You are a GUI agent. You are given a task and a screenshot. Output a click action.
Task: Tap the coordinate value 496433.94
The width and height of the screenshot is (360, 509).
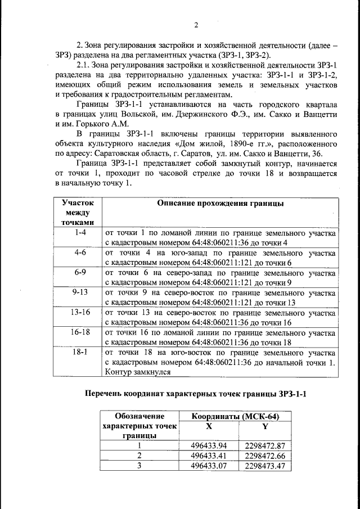(209, 445)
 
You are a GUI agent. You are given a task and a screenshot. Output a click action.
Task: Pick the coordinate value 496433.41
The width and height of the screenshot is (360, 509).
(209, 455)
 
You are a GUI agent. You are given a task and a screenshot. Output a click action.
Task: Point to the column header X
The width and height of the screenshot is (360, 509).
(209, 426)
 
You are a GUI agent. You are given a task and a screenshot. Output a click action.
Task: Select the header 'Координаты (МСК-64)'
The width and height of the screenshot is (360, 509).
(235, 416)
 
